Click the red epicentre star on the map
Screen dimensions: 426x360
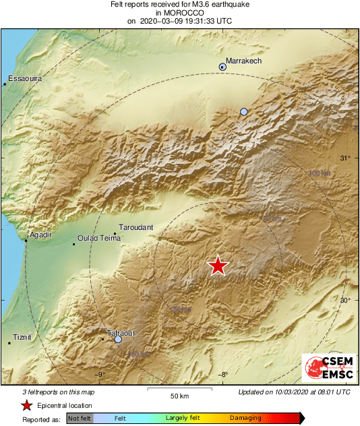coord(218,266)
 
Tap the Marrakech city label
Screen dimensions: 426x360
coord(243,61)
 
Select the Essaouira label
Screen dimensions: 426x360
coord(24,79)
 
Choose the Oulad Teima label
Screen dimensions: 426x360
coord(98,238)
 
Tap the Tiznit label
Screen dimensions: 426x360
coord(22,336)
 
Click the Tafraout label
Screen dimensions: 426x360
coord(121,333)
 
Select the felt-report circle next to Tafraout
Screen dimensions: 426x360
coord(118,340)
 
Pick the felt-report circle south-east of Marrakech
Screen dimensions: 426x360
coord(244,111)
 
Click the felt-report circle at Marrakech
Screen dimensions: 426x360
coord(222,66)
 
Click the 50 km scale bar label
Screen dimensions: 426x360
coord(178,395)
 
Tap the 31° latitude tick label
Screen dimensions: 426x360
coord(345,158)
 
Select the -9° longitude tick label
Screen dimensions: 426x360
coord(101,375)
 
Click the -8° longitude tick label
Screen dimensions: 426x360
coord(223,375)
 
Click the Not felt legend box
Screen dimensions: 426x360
coord(80,418)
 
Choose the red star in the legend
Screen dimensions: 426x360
coord(26,405)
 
